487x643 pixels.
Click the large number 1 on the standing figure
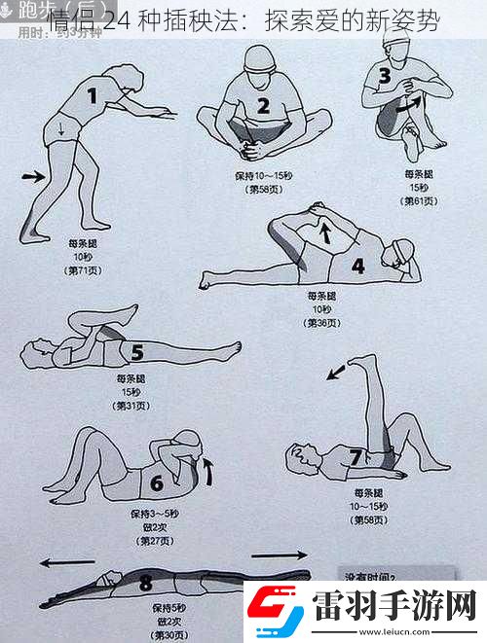click(x=93, y=95)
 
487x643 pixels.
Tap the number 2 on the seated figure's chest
click(x=263, y=105)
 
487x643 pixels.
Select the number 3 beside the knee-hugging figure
click(x=384, y=75)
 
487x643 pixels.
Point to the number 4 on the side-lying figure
click(x=357, y=266)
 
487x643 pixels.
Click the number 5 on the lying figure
click(x=137, y=352)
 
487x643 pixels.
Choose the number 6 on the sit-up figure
click(x=156, y=482)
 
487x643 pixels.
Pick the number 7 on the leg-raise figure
click(x=356, y=456)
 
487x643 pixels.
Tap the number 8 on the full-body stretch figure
click(x=146, y=584)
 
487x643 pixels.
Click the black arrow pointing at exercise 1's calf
click(x=32, y=176)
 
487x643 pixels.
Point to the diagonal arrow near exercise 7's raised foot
click(x=335, y=371)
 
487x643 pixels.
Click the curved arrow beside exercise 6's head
click(x=206, y=475)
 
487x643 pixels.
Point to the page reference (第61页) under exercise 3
click(x=419, y=201)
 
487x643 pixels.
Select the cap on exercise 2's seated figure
click(x=258, y=57)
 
